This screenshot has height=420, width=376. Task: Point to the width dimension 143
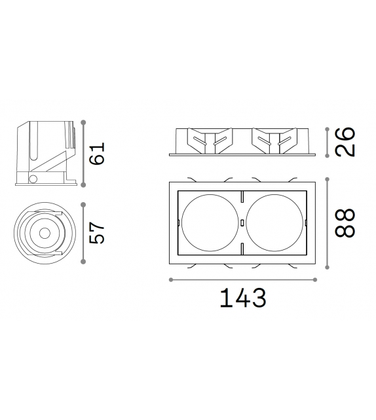coord(243,298)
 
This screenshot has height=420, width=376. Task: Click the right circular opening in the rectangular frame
coord(276,222)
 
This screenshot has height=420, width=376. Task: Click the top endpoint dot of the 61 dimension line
coord(83,122)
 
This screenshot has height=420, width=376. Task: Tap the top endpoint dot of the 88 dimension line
coord(328,179)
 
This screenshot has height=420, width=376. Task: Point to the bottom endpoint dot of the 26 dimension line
coord(328,156)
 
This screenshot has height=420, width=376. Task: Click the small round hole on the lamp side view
coord(33,179)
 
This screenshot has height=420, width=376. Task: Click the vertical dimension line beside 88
coord(328,222)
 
